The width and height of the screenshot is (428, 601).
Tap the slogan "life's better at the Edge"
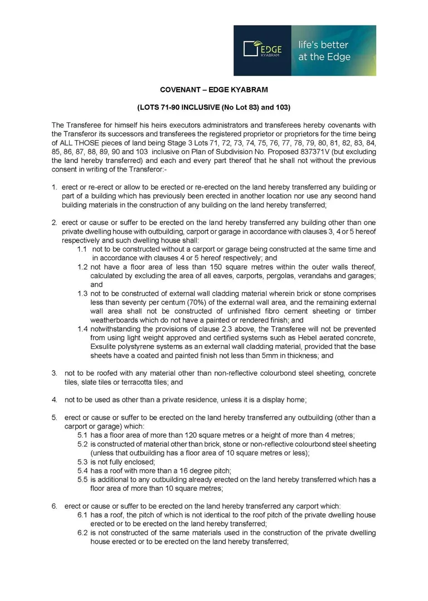tap(324, 51)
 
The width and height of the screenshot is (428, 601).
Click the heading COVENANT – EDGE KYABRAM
tap(213, 90)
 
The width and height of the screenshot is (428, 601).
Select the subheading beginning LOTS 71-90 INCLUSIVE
tap(213, 107)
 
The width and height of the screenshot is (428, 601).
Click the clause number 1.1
tap(82, 249)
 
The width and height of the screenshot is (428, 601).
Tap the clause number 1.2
tap(82, 267)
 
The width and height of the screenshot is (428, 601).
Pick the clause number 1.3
tap(82, 293)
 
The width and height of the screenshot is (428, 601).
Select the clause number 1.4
tap(82, 329)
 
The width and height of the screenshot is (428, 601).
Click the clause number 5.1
tap(82, 435)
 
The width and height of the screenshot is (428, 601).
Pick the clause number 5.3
tap(82, 462)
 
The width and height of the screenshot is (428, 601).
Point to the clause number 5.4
tap(82, 471)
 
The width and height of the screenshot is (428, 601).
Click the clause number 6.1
tap(82, 515)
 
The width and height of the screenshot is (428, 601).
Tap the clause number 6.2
tap(82, 533)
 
